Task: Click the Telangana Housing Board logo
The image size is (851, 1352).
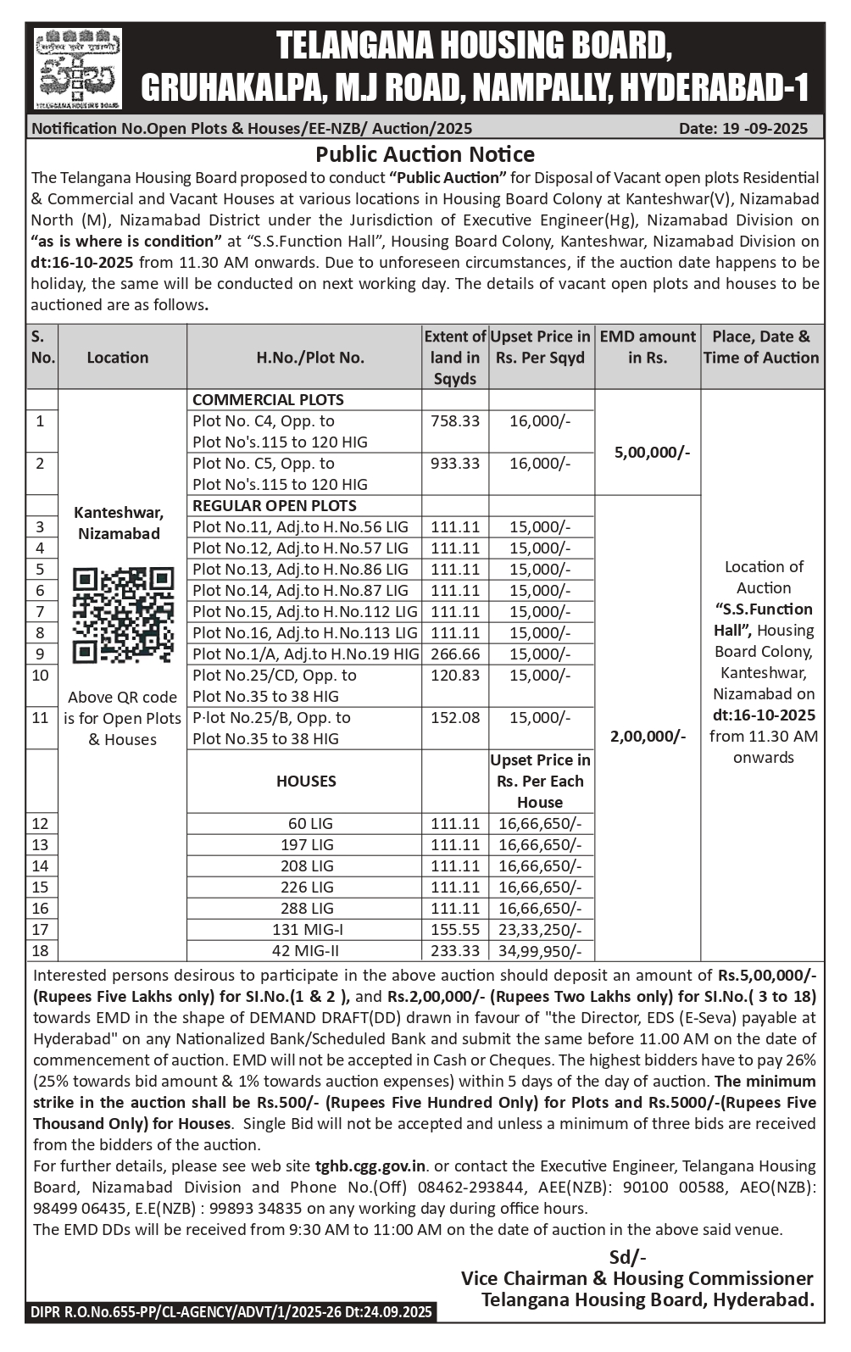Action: click(78, 68)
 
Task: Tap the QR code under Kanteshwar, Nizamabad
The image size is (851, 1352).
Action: click(123, 615)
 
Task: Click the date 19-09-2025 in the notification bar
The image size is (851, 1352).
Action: click(743, 129)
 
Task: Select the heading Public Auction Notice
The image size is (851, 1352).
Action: click(425, 154)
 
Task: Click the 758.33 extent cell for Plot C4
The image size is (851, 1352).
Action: click(455, 421)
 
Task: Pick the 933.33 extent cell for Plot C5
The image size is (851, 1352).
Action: click(455, 464)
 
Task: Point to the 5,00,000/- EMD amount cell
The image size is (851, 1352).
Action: click(651, 453)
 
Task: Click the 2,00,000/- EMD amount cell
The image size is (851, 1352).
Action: click(648, 736)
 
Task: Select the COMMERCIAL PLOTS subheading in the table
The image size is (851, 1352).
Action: click(268, 400)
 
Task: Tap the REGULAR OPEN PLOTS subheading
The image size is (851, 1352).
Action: click(275, 506)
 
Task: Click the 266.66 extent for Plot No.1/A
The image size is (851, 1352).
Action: click(455, 654)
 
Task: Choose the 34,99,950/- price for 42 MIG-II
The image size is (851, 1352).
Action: click(540, 951)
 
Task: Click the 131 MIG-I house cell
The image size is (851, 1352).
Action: click(307, 930)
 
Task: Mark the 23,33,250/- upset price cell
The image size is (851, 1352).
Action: click(540, 930)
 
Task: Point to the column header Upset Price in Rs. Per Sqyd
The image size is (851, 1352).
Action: click(540, 348)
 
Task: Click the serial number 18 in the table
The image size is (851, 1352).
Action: click(40, 951)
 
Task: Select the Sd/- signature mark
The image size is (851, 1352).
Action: click(628, 1257)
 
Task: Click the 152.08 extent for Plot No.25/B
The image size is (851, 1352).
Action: click(455, 718)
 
